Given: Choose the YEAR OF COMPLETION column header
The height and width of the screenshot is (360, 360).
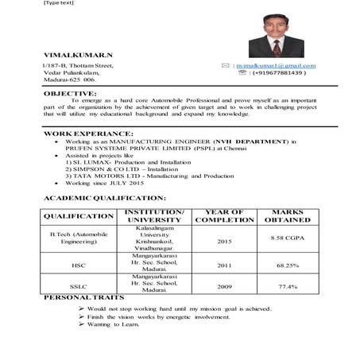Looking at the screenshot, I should (224, 215).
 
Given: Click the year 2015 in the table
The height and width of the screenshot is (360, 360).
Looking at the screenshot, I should (224, 239).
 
